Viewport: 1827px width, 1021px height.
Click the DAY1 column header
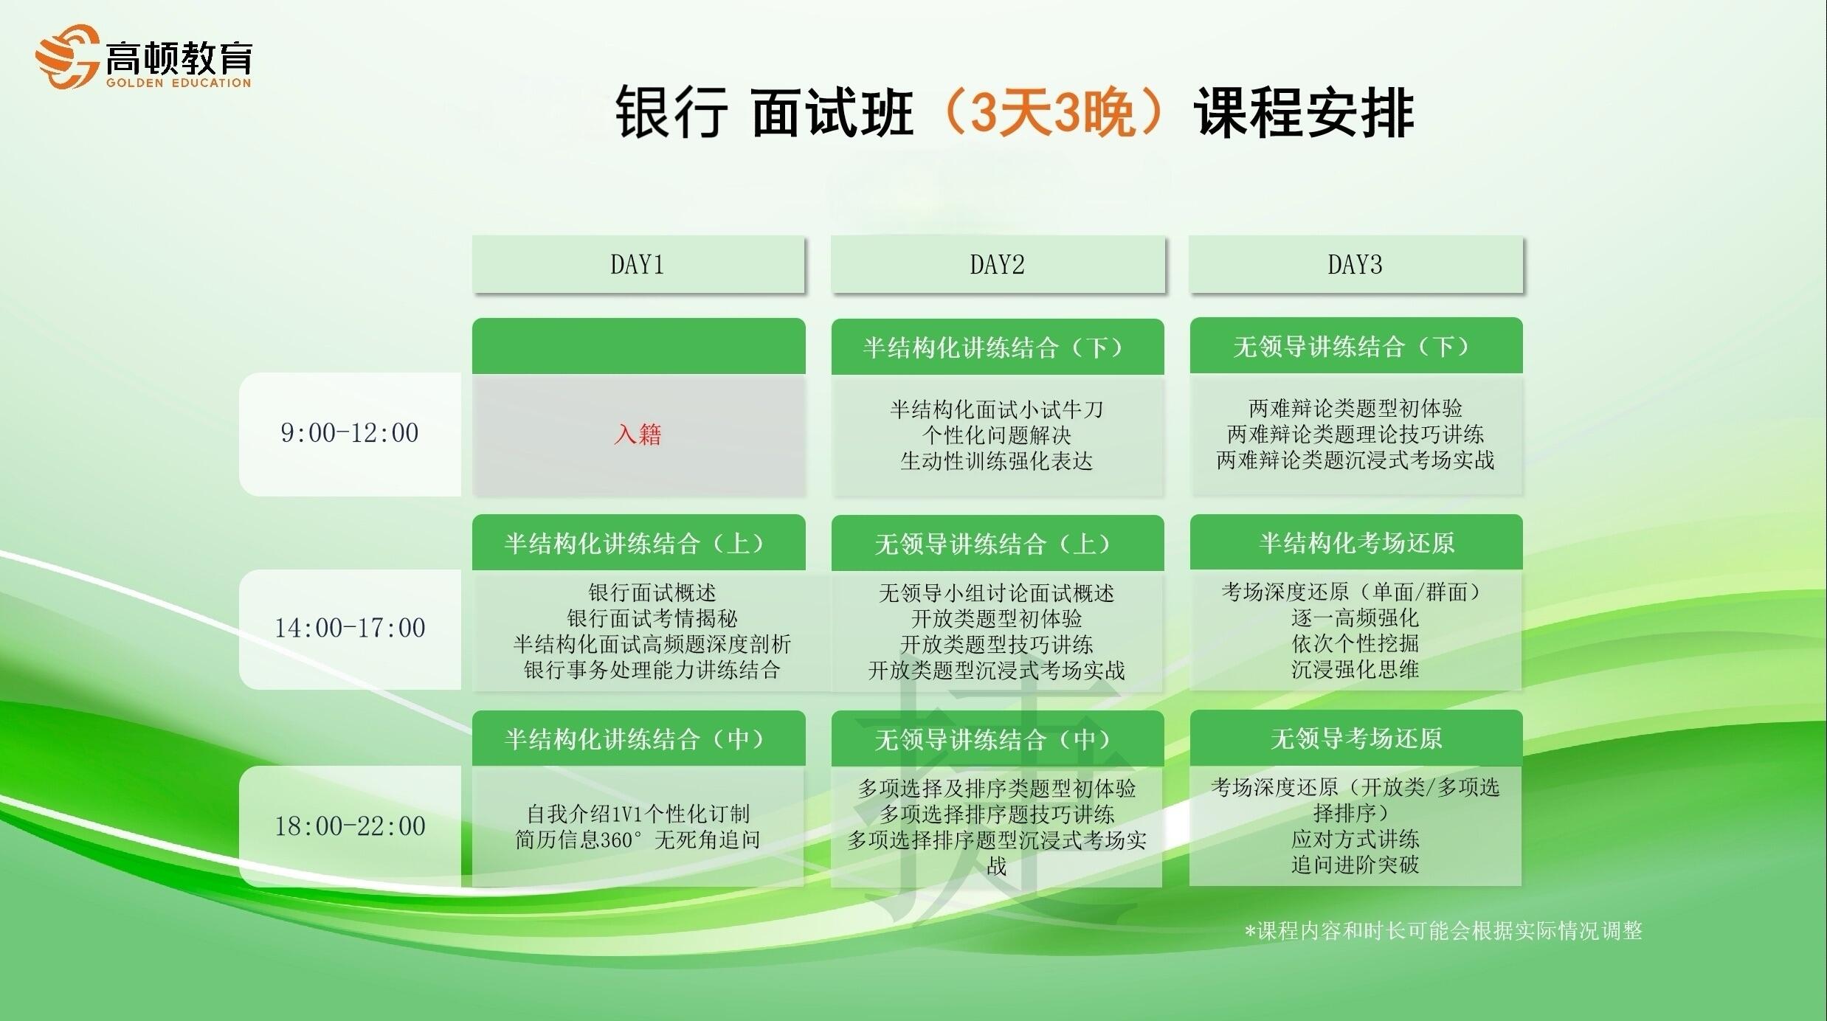[638, 264]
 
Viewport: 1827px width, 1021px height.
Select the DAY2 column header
[997, 264]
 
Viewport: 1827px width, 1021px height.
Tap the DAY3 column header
[1355, 264]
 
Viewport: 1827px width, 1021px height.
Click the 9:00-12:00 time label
[349, 433]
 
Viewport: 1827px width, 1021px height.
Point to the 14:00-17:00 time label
[350, 629]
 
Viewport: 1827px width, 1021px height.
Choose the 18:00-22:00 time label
[350, 826]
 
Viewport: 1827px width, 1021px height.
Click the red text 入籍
[638, 434]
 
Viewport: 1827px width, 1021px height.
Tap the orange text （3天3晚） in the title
[1053, 112]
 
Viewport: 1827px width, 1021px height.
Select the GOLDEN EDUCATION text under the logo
[179, 83]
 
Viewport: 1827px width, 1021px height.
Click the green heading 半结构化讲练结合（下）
[997, 347]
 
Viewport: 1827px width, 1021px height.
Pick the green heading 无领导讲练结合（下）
[1355, 347]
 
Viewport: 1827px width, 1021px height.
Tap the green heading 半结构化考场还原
[1356, 543]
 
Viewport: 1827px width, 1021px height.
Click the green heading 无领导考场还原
[1356, 738]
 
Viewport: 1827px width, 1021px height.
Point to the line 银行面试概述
[652, 592]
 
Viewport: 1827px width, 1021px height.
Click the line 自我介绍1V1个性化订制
[638, 814]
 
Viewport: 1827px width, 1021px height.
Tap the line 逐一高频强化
[1355, 617]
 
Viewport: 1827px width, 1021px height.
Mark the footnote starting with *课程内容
[1443, 931]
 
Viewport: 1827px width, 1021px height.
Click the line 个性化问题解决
[997, 435]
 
